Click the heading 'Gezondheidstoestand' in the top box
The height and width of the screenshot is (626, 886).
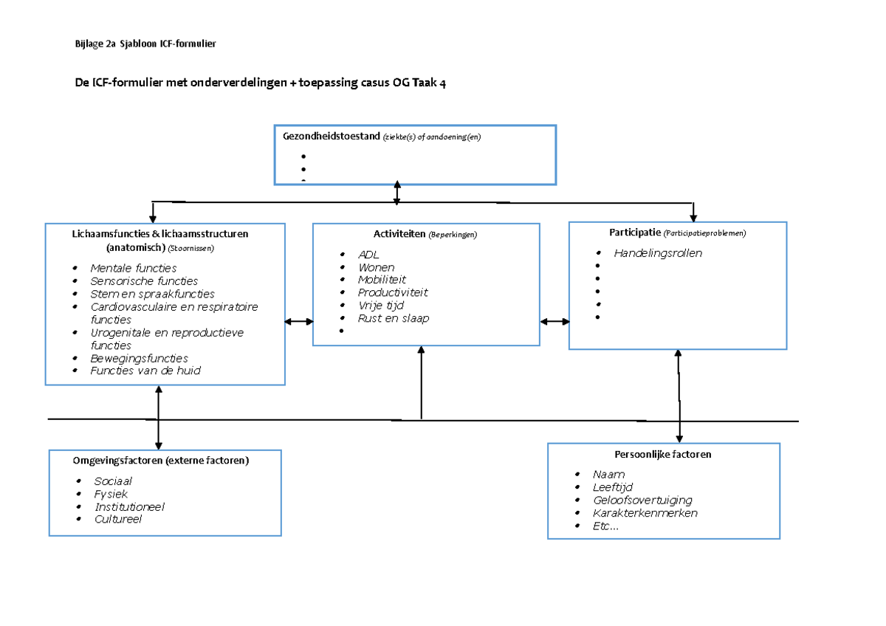(327, 137)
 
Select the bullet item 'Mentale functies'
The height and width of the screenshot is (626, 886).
(134, 268)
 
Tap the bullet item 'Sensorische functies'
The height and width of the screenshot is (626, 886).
(144, 281)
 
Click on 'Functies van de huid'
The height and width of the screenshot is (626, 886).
(145, 371)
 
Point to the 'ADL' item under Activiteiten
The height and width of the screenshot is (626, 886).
(368, 255)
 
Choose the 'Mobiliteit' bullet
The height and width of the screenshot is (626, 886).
(382, 280)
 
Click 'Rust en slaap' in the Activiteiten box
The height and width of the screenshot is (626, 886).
(393, 318)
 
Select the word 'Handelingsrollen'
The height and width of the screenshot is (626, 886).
(658, 252)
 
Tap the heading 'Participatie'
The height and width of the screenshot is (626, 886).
(634, 233)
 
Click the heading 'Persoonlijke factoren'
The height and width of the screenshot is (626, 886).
(662, 455)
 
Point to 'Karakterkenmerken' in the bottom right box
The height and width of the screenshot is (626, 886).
(645, 513)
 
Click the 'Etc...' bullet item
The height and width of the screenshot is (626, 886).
(605, 526)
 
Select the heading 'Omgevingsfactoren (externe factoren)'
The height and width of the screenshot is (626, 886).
(161, 461)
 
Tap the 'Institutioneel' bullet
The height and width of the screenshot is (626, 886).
(129, 506)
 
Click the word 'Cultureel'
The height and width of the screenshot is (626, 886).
(117, 519)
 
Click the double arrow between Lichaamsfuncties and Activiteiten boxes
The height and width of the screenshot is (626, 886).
(299, 321)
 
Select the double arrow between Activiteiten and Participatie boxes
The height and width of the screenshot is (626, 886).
(554, 321)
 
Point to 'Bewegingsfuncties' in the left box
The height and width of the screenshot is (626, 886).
(139, 358)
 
